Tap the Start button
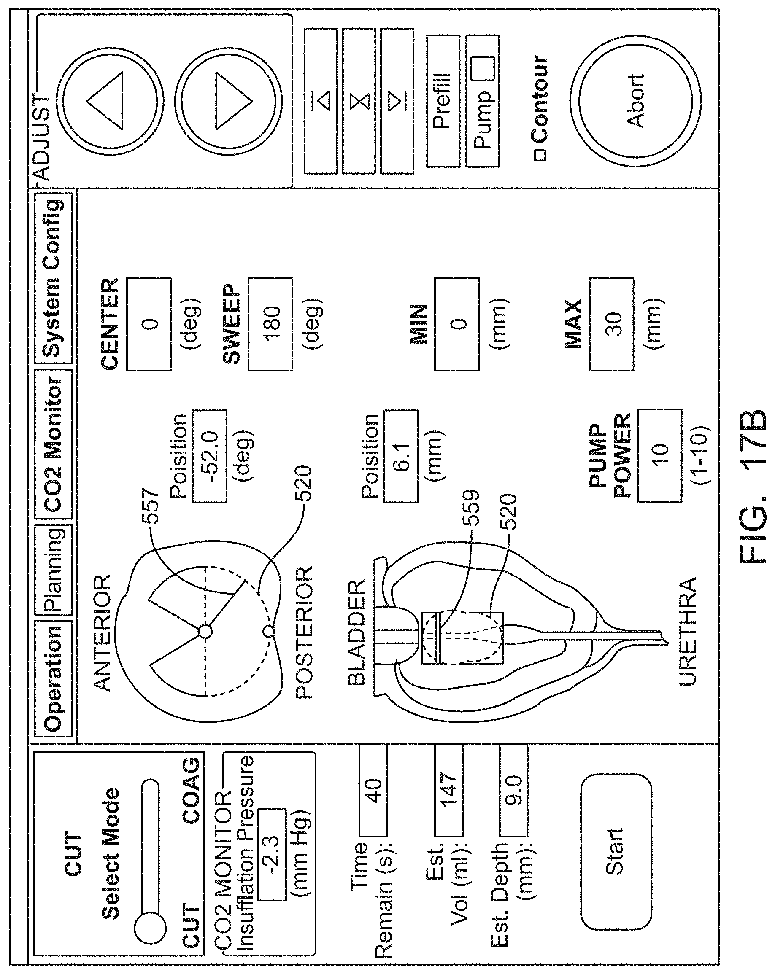pos(616,851)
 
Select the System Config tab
pos(53,278)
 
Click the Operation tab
pos(53,678)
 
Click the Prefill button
pos(443,101)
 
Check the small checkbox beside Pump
pos(483,69)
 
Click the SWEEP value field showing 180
pos(270,324)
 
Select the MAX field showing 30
pos(611,324)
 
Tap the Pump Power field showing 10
pos(659,455)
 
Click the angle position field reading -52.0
pos(209,456)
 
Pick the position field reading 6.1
pos(400,456)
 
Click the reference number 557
pos(151,506)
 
